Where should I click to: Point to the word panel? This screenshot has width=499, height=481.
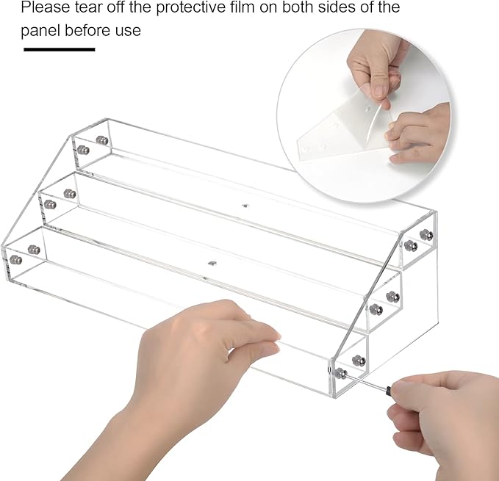coord(40,31)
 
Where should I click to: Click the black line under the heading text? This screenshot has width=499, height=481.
coord(60,49)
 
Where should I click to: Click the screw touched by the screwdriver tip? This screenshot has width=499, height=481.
coord(341,373)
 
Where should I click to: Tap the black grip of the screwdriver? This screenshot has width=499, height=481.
coord(389,388)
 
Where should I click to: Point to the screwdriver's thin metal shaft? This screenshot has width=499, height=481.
coord(366,381)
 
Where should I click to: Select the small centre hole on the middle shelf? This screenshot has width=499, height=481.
coord(245,206)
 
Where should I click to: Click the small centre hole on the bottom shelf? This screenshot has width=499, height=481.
coord(212,263)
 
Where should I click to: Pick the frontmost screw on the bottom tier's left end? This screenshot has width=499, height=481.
coord(15,259)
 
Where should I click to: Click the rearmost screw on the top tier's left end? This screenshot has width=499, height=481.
coord(101,140)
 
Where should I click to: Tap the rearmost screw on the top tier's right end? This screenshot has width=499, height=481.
coord(426,234)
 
